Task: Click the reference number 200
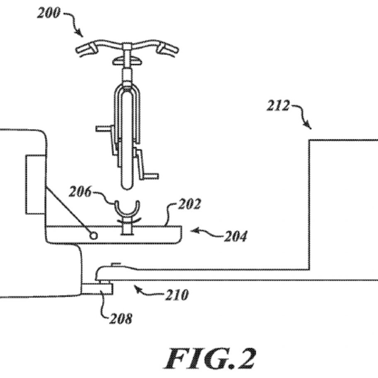point(48,13)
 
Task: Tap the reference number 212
point(278,106)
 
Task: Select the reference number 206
point(80,192)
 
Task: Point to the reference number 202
point(189,204)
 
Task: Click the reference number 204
point(235,236)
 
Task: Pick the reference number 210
point(177,295)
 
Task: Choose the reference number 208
point(121,319)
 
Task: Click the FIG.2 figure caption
point(209,359)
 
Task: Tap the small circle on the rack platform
point(94,235)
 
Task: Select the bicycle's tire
point(127,140)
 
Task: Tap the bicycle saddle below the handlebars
point(127,61)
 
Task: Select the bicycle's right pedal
point(151,176)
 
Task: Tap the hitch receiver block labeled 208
point(97,289)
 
